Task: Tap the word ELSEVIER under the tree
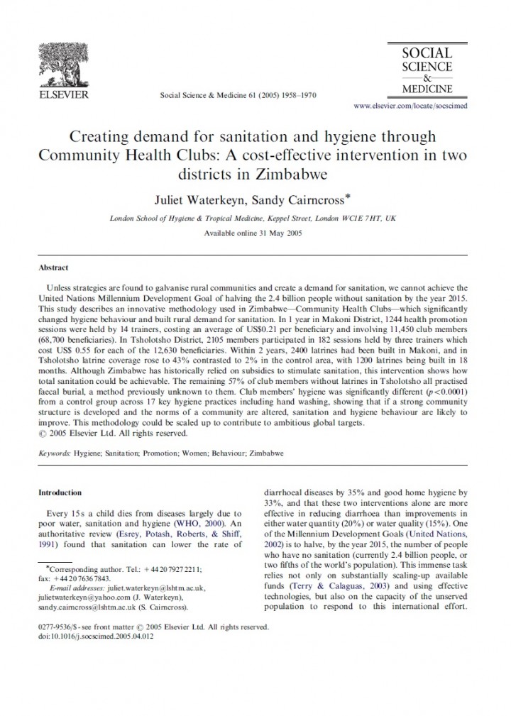(62, 93)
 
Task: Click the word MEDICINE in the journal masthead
(427, 89)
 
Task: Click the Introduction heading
(60, 492)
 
